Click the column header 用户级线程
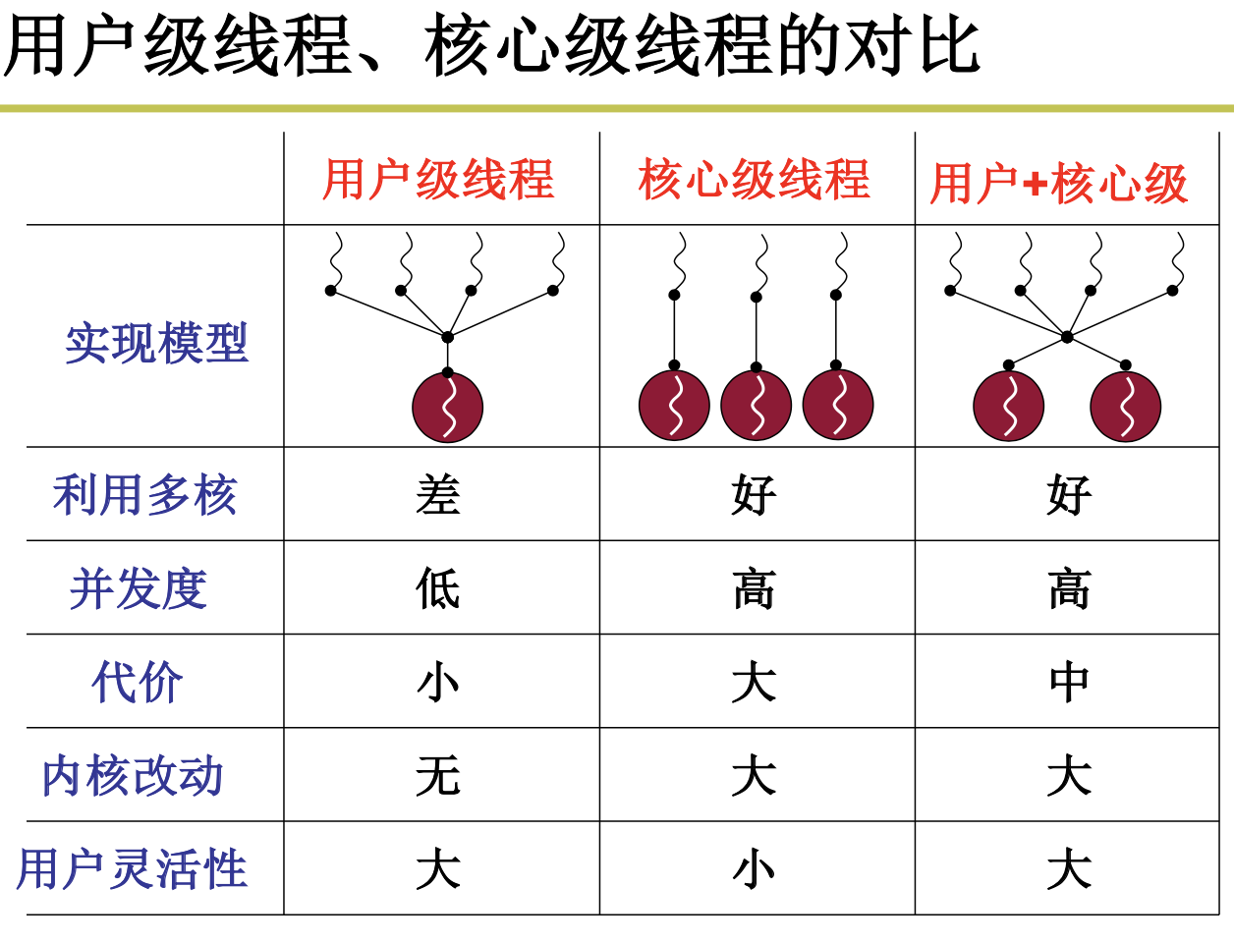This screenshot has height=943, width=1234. coord(438,181)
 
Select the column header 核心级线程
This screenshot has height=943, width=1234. coord(754,181)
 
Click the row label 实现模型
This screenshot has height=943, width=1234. coord(156,344)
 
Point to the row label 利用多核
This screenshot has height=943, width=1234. coord(145,494)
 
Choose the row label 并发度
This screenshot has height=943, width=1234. coord(139,588)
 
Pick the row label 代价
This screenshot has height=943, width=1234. coord(138,682)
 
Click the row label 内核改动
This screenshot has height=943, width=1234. coord(133,776)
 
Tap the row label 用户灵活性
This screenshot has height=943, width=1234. coord(132,869)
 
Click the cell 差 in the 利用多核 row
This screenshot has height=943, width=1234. coord(438,494)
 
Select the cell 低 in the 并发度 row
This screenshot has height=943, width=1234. coord(438,588)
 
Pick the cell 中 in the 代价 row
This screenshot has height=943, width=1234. coord(1069,682)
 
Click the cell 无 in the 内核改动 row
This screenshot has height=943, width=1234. coord(438,776)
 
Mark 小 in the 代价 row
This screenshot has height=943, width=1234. coord(438,682)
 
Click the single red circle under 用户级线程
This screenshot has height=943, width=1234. coord(448,408)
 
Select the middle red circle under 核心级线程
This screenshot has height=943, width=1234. coord(757,406)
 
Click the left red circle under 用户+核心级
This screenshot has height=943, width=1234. coord(1009,407)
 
